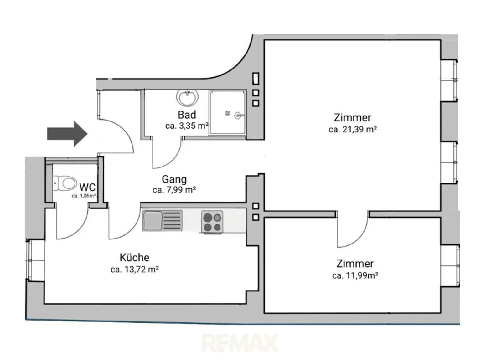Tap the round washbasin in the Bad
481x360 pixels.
coord(187,98)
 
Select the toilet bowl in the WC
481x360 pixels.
coord(66,183)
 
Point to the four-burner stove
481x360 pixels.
coord(212,222)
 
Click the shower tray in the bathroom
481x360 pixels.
coord(227,113)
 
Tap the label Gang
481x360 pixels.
coord(174,179)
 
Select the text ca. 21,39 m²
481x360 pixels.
coord(352,129)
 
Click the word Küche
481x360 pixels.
coord(135,258)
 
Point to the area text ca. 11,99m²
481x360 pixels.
coord(355,275)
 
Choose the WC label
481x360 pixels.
coord(87,188)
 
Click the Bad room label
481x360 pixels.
coord(187,115)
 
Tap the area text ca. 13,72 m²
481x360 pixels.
coord(135,269)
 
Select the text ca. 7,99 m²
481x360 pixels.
coord(174,190)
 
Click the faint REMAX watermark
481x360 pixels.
coord(240,343)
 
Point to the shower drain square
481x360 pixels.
coord(228,113)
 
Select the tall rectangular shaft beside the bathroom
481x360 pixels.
coord(256,79)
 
